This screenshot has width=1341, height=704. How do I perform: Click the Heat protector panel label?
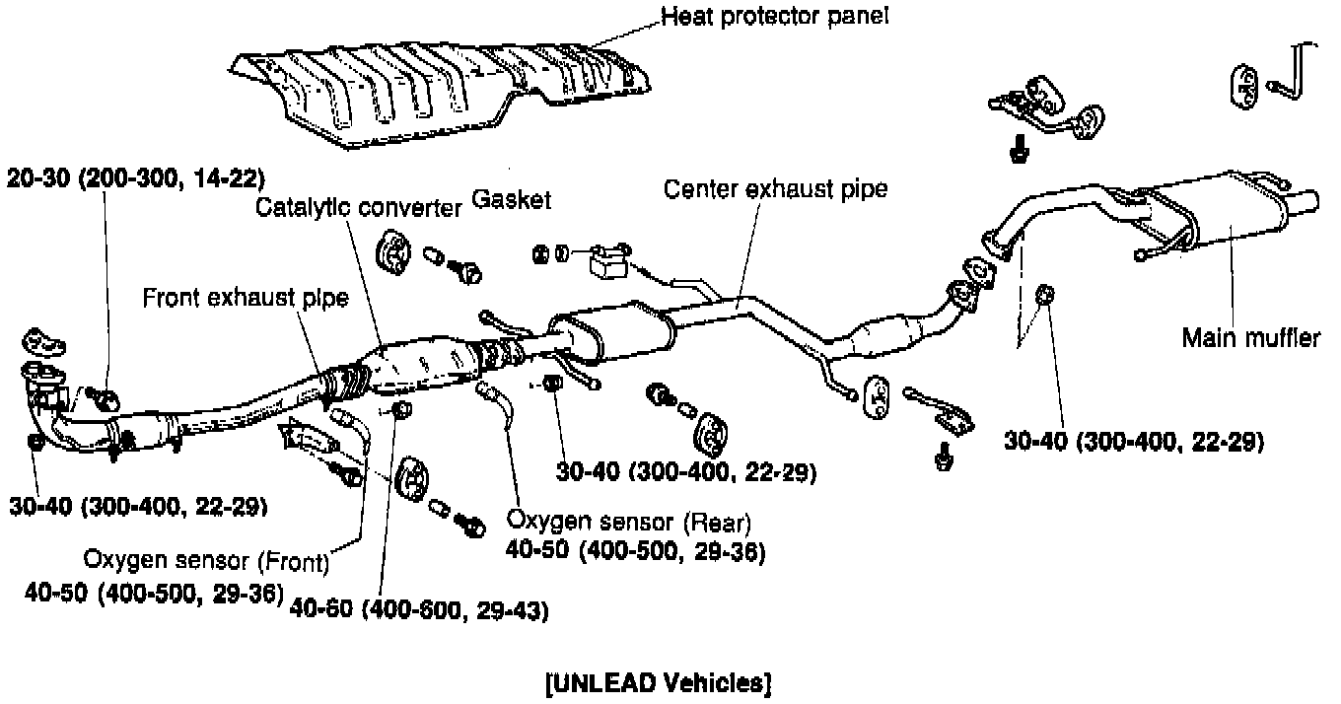coord(775,17)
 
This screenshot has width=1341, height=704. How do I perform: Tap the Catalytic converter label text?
coord(359,208)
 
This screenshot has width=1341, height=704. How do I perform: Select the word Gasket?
coord(511,199)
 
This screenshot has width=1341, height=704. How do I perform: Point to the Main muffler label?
coord(1250,338)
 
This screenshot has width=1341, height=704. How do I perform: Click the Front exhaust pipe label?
coord(246,297)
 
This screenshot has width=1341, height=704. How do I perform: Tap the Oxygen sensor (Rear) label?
coord(629,521)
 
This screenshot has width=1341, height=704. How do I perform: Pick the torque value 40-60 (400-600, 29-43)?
coord(419,610)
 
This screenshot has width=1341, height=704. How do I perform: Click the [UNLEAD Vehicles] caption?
coord(658,682)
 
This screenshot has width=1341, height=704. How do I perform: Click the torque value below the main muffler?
coord(1134,441)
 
